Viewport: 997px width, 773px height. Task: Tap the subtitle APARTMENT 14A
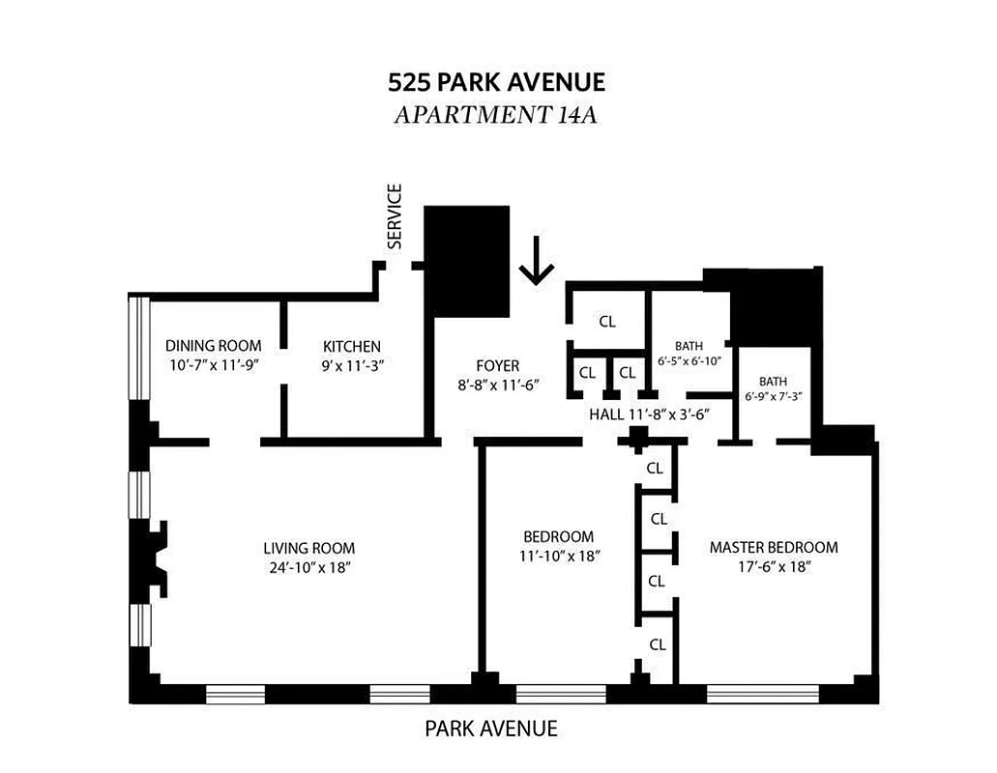click(x=498, y=115)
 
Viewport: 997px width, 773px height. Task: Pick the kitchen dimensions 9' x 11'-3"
click(x=352, y=365)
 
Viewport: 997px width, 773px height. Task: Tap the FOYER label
click(x=497, y=366)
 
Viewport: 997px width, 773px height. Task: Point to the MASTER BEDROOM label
click(x=774, y=547)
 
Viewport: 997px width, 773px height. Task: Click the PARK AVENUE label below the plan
click(x=491, y=729)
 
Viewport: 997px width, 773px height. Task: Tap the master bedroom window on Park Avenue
click(x=762, y=693)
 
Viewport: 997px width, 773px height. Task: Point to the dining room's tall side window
click(x=141, y=346)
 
